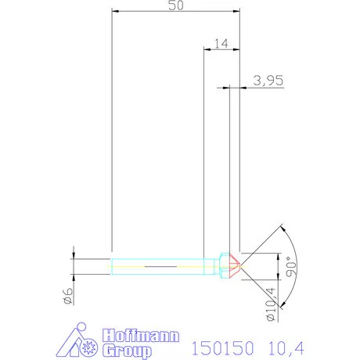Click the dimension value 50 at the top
tap(176, 5)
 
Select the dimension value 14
tap(221, 45)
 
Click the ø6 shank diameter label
tap(68, 295)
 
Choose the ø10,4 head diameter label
tap(270, 304)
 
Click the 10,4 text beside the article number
tap(286, 346)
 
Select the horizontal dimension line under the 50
tap(176, 12)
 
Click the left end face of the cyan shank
tap(113, 267)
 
